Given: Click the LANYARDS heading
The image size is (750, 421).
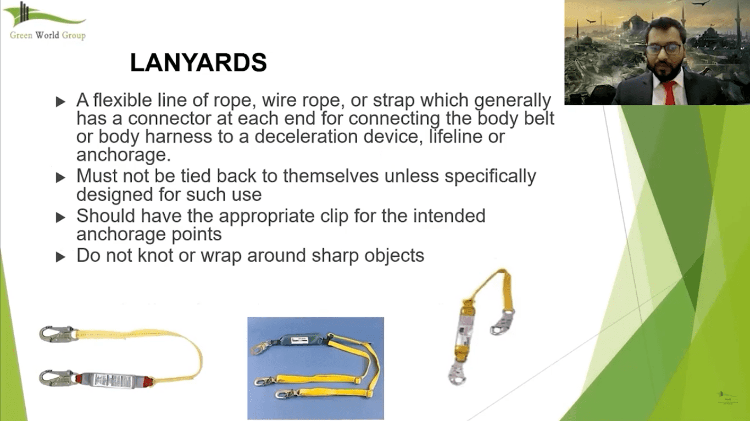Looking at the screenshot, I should [198, 63].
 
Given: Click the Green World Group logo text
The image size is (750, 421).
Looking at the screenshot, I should [48, 36].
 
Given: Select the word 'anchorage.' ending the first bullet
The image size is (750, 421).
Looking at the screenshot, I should [123, 155].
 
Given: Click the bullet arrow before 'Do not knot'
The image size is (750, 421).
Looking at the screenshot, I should [60, 257].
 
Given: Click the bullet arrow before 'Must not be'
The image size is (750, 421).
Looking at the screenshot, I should [60, 178].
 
